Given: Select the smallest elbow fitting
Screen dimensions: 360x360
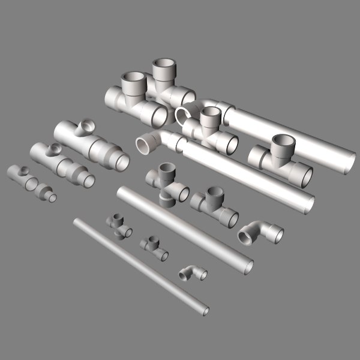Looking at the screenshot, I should [193, 274].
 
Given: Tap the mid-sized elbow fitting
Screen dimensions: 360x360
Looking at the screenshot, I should [259, 233].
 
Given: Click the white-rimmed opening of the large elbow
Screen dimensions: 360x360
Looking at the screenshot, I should [145, 146].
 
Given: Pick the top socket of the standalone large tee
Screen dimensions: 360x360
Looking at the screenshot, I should [283, 143].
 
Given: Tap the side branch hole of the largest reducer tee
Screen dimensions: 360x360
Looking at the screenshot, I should [87, 126].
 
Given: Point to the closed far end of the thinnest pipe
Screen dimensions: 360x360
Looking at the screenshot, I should [76, 221].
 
